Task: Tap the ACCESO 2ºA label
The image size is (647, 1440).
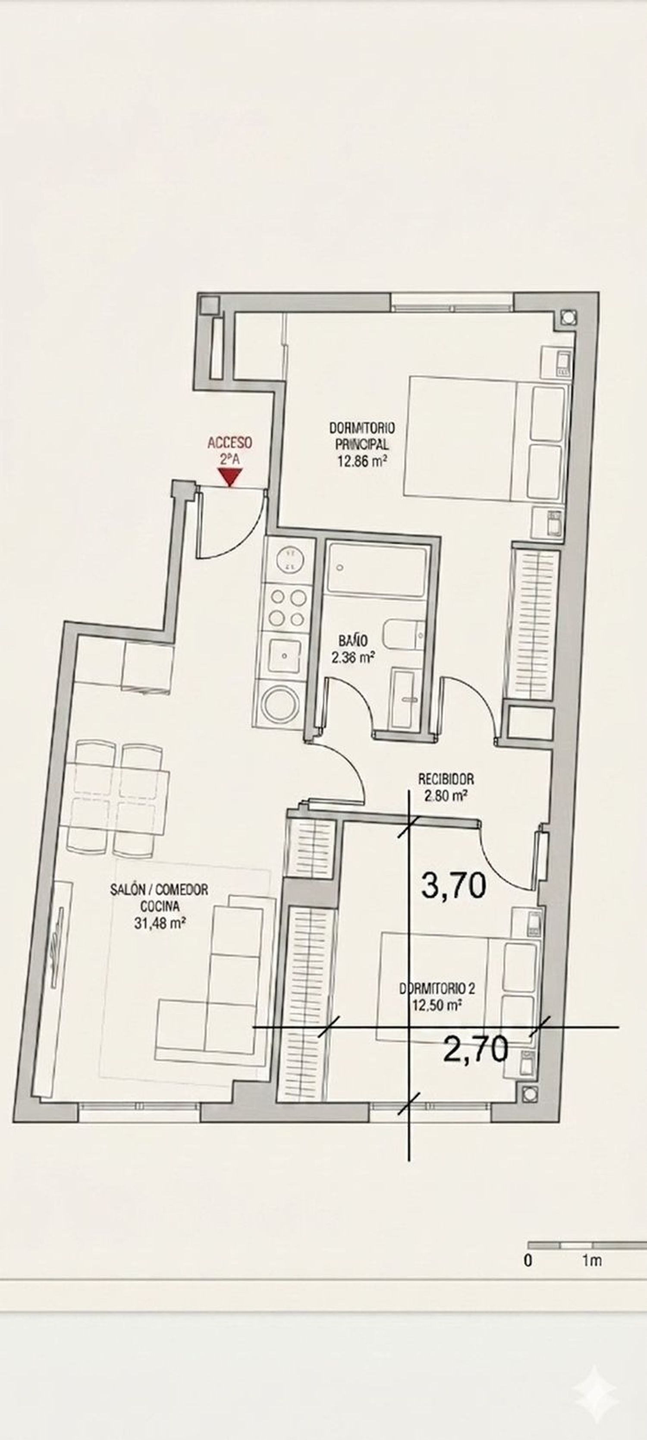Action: click(229, 451)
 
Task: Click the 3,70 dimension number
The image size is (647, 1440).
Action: click(453, 886)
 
